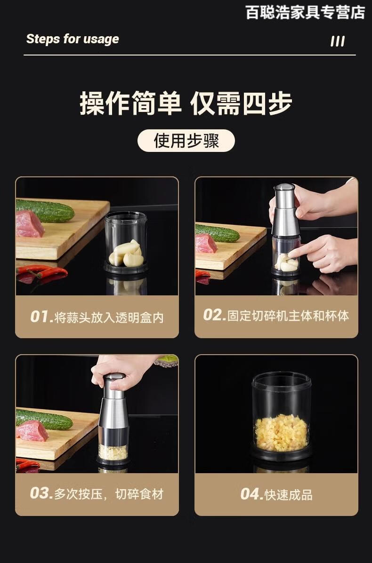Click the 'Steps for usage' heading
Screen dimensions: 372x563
click(73, 39)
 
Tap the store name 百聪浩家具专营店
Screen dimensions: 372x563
click(305, 12)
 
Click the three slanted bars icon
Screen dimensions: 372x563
click(338, 41)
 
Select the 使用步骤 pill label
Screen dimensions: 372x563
click(186, 140)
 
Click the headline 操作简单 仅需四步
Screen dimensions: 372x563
click(186, 103)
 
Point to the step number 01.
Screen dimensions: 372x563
click(42, 317)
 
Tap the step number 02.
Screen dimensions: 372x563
click(215, 315)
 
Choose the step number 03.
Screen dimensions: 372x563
click(42, 493)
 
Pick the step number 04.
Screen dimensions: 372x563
click(251, 494)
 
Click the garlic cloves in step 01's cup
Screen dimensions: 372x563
click(126, 254)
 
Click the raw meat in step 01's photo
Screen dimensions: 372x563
click(29, 224)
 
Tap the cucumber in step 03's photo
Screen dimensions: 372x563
click(44, 420)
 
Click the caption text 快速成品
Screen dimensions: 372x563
click(289, 495)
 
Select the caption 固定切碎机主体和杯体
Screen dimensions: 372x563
click(288, 316)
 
